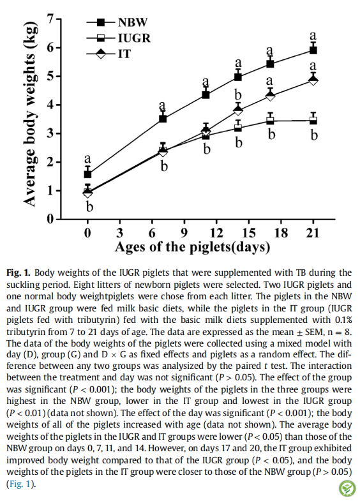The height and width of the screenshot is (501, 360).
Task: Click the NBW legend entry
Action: [x=117, y=22]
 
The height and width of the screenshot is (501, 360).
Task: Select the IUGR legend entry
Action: [x=119, y=38]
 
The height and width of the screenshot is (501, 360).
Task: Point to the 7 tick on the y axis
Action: [x=58, y=19]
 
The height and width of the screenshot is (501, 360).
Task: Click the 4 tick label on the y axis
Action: [x=50, y=105]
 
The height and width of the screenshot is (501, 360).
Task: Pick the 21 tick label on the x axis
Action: [x=313, y=232]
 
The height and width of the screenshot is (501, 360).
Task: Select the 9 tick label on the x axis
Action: [x=184, y=232]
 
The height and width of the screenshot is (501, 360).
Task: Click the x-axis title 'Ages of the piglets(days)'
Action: [x=192, y=247]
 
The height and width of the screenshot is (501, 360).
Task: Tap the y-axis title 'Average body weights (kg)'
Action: [x=29, y=114]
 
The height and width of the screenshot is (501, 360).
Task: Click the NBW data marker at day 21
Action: [x=313, y=50]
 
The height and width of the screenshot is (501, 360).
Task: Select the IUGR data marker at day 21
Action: [x=313, y=121]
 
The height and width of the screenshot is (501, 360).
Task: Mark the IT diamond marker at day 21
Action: [x=313, y=80]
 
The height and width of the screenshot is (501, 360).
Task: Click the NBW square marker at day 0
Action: [x=87, y=174]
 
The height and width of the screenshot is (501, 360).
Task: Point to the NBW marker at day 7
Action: [x=163, y=119]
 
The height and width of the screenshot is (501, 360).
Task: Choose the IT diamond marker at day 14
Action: [x=238, y=110]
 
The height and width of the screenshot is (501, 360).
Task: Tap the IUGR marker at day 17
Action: [x=270, y=121]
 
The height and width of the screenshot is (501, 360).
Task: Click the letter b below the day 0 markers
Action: [x=89, y=207]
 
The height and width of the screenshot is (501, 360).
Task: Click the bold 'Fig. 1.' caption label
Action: [x=19, y=273]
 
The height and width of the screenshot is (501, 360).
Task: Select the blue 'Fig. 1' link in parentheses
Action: [x=21, y=484]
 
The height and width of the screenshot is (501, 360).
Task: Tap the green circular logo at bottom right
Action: [x=347, y=488]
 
